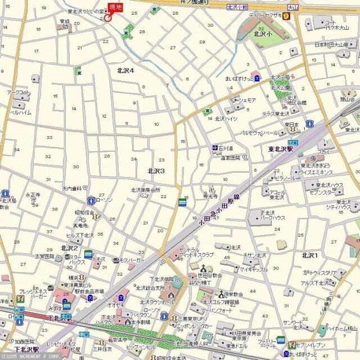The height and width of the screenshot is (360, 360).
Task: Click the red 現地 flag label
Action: [115, 7]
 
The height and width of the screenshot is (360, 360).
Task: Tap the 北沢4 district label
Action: [125, 70]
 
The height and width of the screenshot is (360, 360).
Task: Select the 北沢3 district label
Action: [156, 170]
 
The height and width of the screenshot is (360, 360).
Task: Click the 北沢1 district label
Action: [309, 255]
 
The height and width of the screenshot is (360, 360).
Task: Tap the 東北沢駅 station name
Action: [281, 150]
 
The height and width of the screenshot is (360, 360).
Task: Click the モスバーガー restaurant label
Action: [132, 262]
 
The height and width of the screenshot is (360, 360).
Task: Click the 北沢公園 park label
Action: [280, 88]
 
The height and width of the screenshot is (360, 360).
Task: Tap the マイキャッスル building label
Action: [253, 269]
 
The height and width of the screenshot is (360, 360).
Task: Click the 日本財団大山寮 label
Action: [332, 44]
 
